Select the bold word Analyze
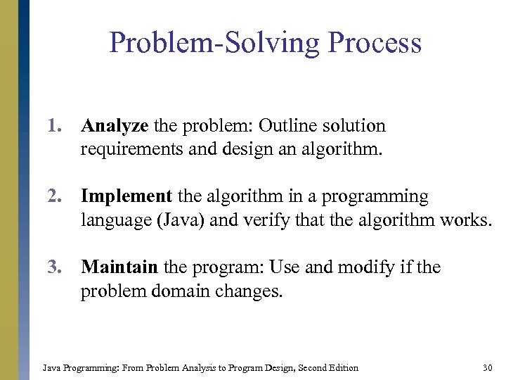115,126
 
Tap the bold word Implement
126,196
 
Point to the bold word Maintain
119,267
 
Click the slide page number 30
487,367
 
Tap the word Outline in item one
287,126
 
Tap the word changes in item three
249,291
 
